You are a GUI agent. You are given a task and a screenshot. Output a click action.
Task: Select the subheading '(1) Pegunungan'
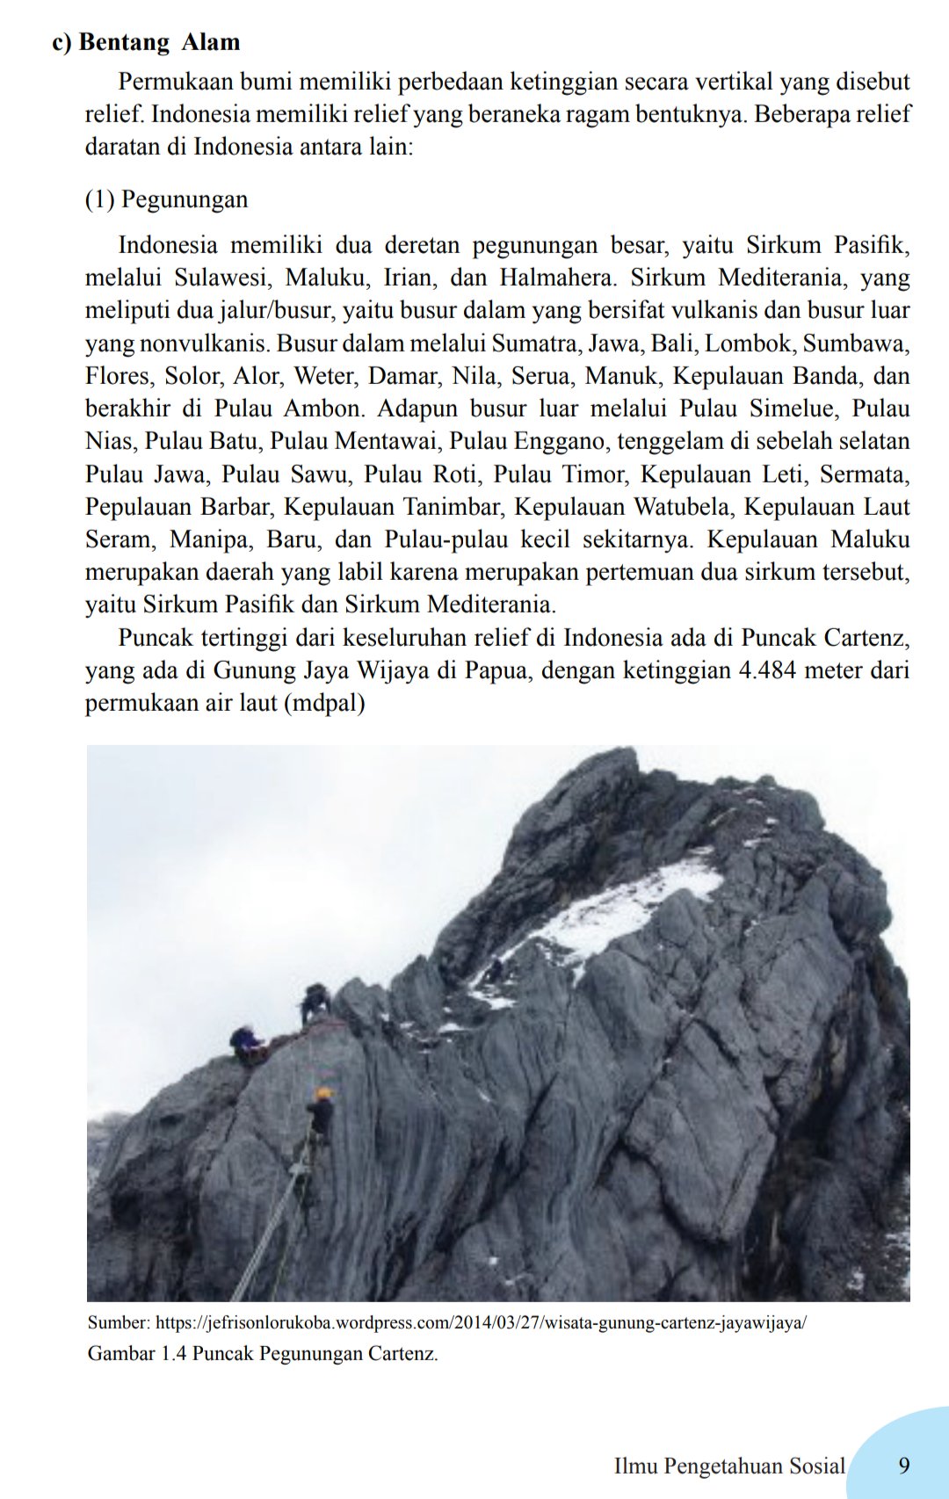[x=166, y=199]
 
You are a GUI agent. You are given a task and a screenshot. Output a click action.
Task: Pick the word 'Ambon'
[x=322, y=409]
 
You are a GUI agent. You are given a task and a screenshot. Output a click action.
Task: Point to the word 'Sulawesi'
[x=223, y=278]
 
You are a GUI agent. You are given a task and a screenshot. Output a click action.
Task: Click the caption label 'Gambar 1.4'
[x=136, y=1353]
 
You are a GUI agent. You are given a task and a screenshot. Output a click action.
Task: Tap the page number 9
[x=903, y=1465]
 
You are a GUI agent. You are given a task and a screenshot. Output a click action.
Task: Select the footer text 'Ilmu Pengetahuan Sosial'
[x=728, y=1466]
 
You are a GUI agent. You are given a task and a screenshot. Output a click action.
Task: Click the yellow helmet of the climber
[x=325, y=1093]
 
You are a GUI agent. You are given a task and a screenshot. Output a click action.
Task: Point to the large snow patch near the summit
[x=615, y=909]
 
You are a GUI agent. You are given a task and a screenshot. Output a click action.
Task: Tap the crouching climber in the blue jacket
[x=247, y=1044]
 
